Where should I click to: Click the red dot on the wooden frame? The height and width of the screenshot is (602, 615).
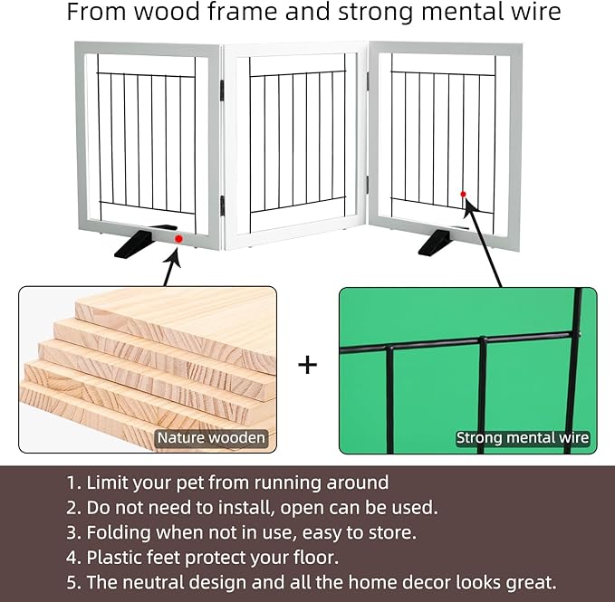pyautogui.click(x=178, y=239)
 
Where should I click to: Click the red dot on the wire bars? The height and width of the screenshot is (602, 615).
pyautogui.click(x=463, y=194)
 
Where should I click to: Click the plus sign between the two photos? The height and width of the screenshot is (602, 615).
pyautogui.click(x=308, y=365)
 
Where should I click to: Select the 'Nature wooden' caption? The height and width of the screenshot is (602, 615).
pyautogui.click(x=211, y=437)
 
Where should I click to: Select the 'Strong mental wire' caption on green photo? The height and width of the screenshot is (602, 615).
pyautogui.click(x=523, y=437)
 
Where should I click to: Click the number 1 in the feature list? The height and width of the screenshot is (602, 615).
pyautogui.click(x=71, y=483)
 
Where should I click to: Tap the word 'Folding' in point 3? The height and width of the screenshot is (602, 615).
pyautogui.click(x=119, y=533)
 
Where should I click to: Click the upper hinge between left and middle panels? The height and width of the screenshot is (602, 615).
pyautogui.click(x=222, y=91)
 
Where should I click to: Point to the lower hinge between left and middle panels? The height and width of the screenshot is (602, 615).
pyautogui.click(x=222, y=205)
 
